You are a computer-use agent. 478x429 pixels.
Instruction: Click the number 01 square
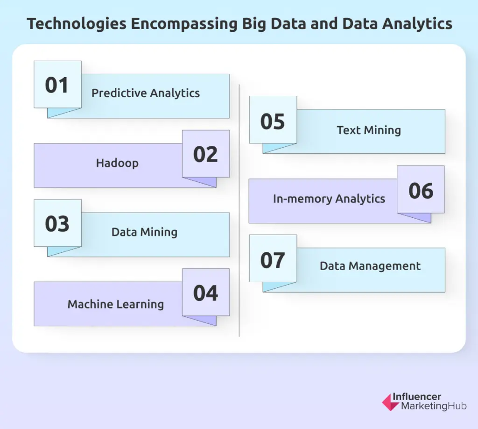click(x=57, y=85)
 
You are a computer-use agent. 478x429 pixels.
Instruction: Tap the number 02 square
click(x=205, y=154)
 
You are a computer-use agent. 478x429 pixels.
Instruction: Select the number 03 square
click(x=57, y=223)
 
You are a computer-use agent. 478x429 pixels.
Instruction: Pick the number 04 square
click(x=205, y=292)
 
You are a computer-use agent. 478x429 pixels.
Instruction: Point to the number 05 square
click(x=273, y=120)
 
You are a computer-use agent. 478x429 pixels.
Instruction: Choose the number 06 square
click(x=421, y=189)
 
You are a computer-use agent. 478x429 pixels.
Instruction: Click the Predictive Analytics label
click(x=146, y=93)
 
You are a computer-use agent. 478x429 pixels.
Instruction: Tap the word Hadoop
click(x=117, y=163)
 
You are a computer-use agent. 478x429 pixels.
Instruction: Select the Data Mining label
click(x=144, y=232)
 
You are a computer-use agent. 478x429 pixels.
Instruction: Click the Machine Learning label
click(x=116, y=304)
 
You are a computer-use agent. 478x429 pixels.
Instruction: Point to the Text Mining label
click(x=369, y=130)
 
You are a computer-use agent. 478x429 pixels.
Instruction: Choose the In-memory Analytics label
click(x=329, y=199)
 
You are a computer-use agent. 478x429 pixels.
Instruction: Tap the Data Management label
click(x=370, y=266)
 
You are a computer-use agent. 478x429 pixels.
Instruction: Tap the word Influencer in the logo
click(x=417, y=397)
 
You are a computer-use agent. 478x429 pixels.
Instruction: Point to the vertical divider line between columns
click(x=239, y=210)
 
